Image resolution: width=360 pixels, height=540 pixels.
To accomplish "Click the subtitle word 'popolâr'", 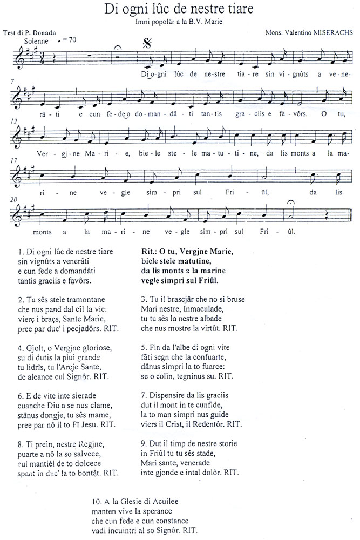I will (x=159, y=22).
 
